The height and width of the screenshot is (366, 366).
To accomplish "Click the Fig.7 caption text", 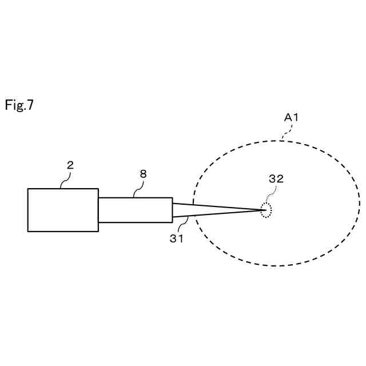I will pyautogui.click(x=19, y=105).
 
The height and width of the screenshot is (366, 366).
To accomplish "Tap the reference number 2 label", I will pyautogui.click(x=70, y=165).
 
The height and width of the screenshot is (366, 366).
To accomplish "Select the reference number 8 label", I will pyautogui.click(x=143, y=174).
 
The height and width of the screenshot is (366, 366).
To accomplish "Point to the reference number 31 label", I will pyautogui.click(x=176, y=238).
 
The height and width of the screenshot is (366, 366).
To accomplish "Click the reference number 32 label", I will pyautogui.click(x=276, y=178).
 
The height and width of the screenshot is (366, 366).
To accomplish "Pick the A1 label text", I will pyautogui.click(x=292, y=117).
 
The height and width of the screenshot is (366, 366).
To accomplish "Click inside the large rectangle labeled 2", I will pyautogui.click(x=63, y=210).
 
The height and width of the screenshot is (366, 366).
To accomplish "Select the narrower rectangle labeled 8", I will pyautogui.click(x=135, y=210).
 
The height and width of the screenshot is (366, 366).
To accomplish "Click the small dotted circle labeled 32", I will pyautogui.click(x=266, y=210).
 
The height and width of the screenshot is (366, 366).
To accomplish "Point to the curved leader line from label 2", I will pyautogui.click(x=65, y=180).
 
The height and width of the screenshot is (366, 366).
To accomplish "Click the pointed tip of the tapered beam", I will pyautogui.click(x=264, y=210).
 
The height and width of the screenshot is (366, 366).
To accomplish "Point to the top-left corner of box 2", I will pyautogui.click(x=28, y=189).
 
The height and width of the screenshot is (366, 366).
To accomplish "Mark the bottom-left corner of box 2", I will pyautogui.click(x=28, y=231).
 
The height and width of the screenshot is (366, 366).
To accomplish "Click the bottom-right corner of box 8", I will pyautogui.click(x=172, y=222).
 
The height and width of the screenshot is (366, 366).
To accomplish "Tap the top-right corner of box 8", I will pyautogui.click(x=172, y=198).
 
